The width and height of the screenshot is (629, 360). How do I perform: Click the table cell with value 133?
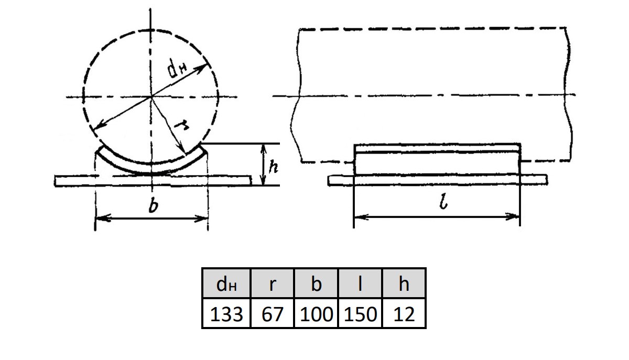[226, 313]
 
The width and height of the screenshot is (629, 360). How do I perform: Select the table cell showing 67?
[272, 313]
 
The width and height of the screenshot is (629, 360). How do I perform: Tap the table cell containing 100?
[316, 313]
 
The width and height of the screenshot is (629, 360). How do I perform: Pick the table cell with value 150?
[360, 313]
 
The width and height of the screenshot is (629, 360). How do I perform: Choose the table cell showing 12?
[404, 313]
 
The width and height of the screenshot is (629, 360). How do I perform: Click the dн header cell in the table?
[226, 283]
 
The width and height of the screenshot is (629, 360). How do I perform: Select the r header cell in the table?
[272, 283]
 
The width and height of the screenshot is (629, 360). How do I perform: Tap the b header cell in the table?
[316, 283]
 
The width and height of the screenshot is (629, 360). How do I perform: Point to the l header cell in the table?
[360, 283]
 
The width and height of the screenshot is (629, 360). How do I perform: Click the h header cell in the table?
[404, 283]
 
